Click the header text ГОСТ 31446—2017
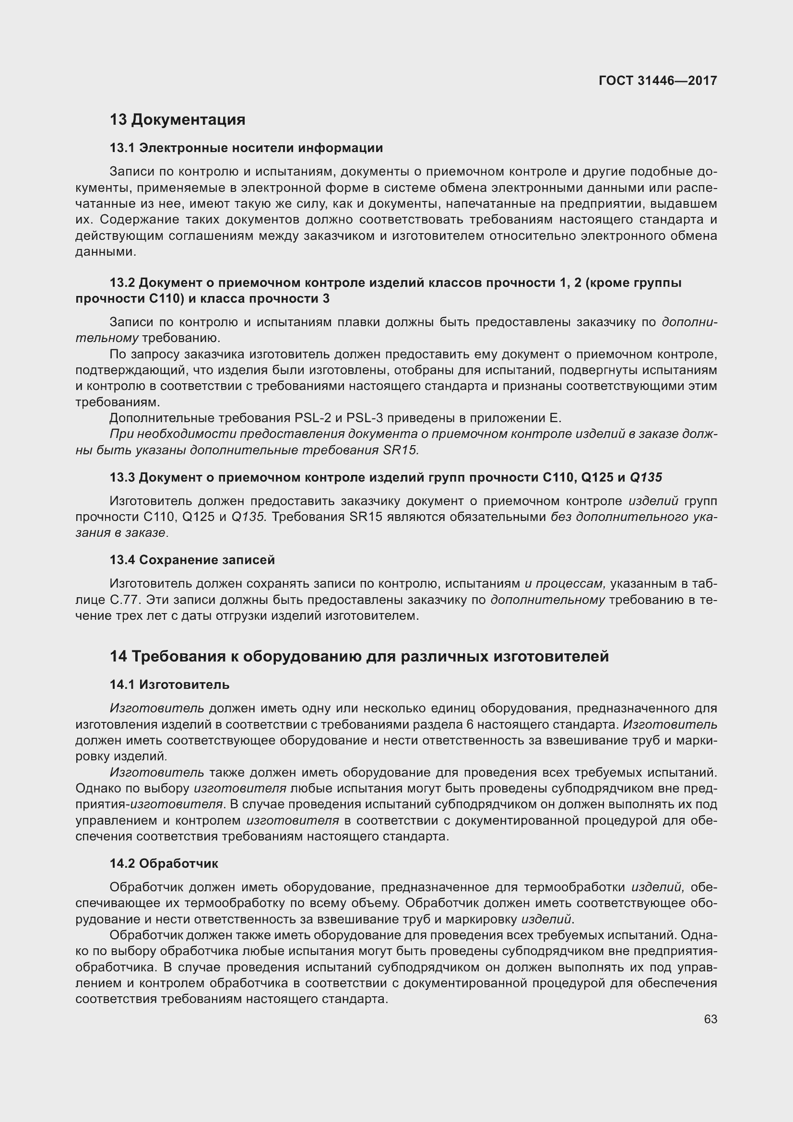pyautogui.click(x=658, y=81)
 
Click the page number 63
pyautogui.click(x=710, y=1019)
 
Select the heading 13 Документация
pyautogui.click(x=178, y=119)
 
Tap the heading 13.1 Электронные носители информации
pyautogui.click(x=246, y=148)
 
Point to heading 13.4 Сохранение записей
pyautogui.click(x=192, y=559)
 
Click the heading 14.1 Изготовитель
pyautogui.click(x=169, y=684)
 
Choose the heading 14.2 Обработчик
pyautogui.click(x=164, y=863)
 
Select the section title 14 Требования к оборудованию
pyautogui.click(x=359, y=656)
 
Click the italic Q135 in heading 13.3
pyautogui.click(x=646, y=477)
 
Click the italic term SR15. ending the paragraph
pyautogui.click(x=401, y=450)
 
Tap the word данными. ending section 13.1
pyautogui.click(x=106, y=252)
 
